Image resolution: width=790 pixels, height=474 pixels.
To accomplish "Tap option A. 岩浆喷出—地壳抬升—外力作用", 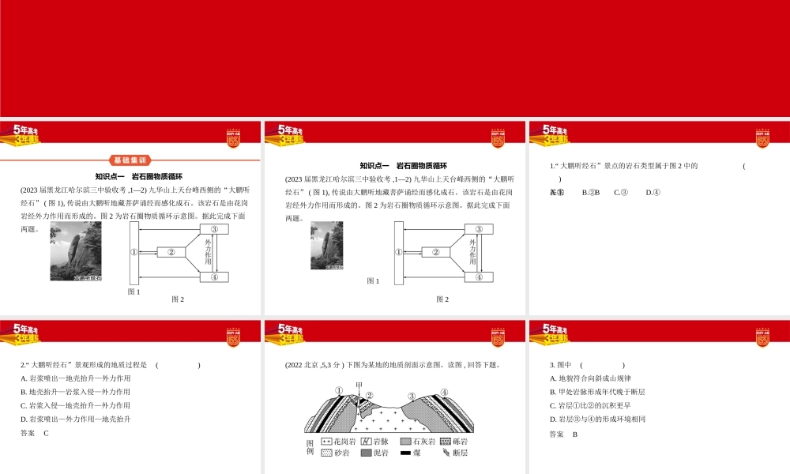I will (x=76, y=378).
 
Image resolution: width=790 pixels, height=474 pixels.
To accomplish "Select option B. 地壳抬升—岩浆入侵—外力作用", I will (x=76, y=392).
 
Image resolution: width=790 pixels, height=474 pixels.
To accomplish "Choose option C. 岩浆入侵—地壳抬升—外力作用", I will (x=76, y=405).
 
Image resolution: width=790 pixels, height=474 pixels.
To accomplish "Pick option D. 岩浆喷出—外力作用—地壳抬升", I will (x=76, y=419).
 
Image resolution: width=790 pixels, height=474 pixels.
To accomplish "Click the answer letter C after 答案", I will (x=47, y=433).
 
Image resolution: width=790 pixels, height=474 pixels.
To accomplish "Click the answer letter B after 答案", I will (x=575, y=434).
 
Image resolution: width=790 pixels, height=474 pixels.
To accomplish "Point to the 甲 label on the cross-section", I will (x=359, y=386).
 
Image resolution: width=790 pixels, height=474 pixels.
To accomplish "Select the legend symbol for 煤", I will (x=405, y=453).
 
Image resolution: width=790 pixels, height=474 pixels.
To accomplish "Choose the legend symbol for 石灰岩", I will (x=405, y=441).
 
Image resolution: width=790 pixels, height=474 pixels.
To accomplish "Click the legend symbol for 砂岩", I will (x=326, y=453).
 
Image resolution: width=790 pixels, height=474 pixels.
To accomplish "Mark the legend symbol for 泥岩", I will (x=366, y=453).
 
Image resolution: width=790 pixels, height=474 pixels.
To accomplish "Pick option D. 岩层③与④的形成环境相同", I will (x=597, y=419).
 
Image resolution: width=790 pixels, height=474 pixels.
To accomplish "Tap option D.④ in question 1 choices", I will (x=653, y=192).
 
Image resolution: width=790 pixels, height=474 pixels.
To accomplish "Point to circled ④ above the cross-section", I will (x=444, y=392).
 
